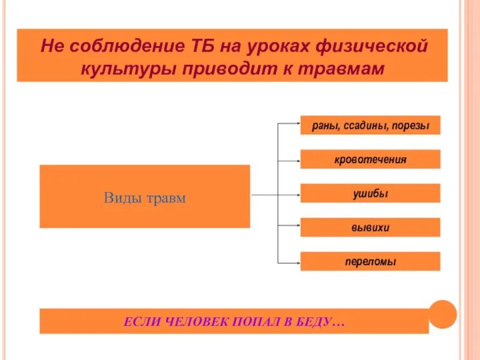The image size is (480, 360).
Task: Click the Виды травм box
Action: [x=145, y=197]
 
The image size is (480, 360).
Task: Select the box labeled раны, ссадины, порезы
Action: [x=370, y=125]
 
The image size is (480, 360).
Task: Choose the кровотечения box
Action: [x=370, y=160]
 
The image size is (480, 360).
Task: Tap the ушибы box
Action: [x=370, y=193]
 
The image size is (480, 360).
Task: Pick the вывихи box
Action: [x=370, y=227]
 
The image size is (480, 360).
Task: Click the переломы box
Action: [x=370, y=262]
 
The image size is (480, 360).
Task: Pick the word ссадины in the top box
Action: [x=364, y=125]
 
